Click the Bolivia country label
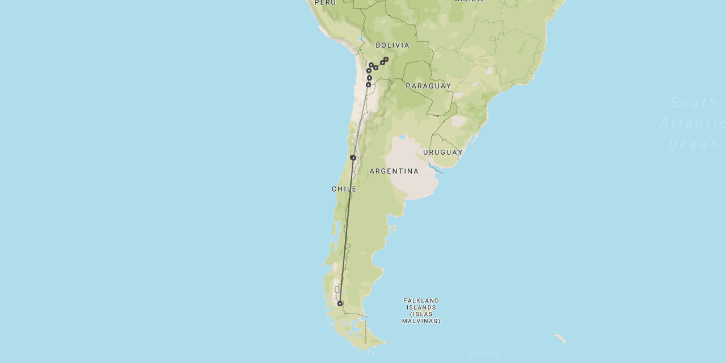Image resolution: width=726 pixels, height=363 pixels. click(392, 45)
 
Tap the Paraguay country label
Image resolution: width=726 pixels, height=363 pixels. click(428, 86)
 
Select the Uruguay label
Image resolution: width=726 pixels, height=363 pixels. click(443, 153)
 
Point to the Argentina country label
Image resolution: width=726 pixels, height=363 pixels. click(394, 171)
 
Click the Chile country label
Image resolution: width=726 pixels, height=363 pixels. click(344, 189)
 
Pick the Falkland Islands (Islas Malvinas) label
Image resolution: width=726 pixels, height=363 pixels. click(421, 311)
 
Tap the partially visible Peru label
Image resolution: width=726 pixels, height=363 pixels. click(325, 3)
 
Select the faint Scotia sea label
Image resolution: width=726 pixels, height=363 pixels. click(484, 353)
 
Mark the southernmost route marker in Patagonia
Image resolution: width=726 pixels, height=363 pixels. click(340, 303)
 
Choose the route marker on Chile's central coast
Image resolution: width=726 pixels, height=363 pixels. click(353, 158)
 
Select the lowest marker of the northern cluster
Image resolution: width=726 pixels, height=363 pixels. click(368, 85)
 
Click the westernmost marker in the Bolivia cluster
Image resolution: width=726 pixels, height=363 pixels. click(369, 71)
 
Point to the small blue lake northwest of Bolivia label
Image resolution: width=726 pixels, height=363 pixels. click(360, 39)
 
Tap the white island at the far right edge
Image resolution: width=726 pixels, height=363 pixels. click(560, 339)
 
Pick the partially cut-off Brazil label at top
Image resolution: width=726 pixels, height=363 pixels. click(470, 1)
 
